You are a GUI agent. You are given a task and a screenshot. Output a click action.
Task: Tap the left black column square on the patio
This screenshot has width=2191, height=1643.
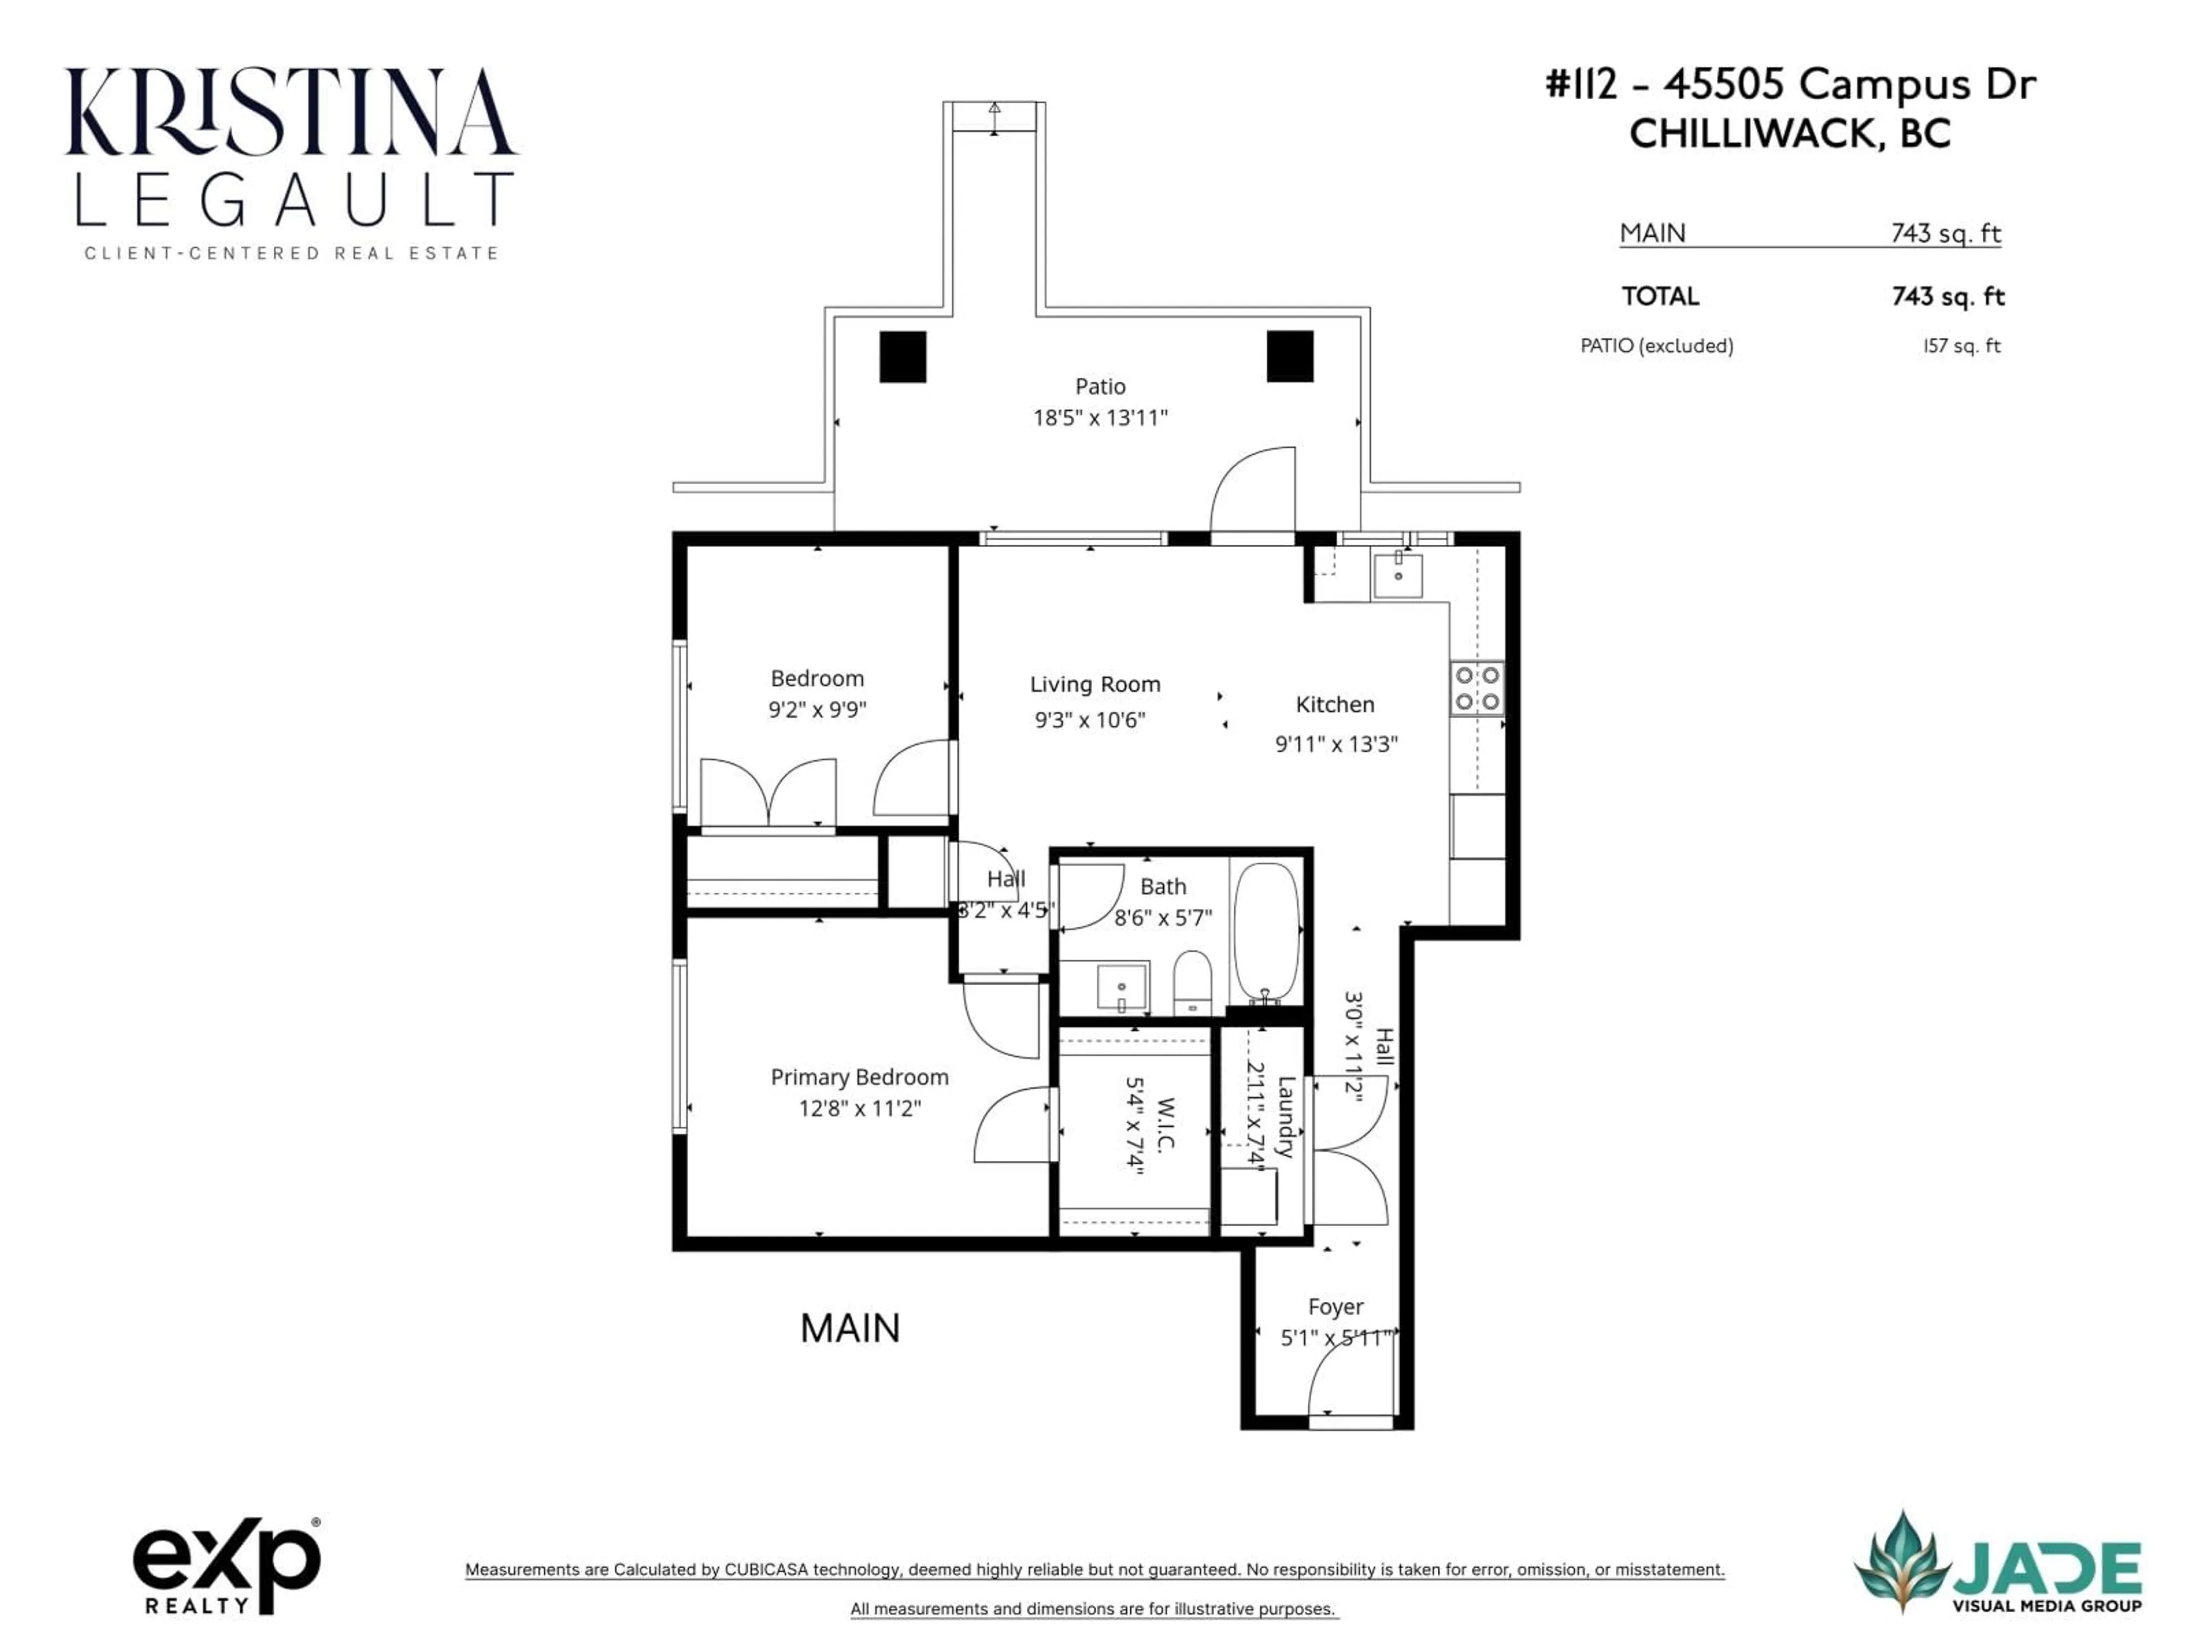pyautogui.click(x=902, y=357)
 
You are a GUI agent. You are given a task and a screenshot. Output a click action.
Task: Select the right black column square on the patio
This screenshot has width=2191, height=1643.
pyautogui.click(x=1289, y=357)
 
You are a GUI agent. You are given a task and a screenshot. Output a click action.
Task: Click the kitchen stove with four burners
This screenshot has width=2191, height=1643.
pyautogui.click(x=1477, y=689)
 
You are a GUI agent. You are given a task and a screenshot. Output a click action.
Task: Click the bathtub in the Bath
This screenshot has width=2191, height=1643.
pyautogui.click(x=1266, y=931)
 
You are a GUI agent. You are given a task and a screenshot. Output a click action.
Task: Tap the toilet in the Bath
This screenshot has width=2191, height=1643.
pyautogui.click(x=1191, y=981)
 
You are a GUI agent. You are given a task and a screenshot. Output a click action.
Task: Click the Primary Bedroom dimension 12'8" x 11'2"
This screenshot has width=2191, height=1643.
pyautogui.click(x=860, y=1108)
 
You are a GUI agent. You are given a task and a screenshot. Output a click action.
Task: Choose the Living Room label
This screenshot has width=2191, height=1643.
pyautogui.click(x=1094, y=685)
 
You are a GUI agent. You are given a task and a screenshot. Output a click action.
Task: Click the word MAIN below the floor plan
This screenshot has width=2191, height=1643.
pyautogui.click(x=850, y=1328)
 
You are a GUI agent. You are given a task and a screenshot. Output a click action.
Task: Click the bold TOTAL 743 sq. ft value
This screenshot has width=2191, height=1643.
pyautogui.click(x=1947, y=296)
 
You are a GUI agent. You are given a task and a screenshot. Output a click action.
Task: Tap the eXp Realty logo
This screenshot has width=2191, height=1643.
pyautogui.click(x=227, y=1565)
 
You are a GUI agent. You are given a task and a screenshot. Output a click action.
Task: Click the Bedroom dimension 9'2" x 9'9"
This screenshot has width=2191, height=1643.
pyautogui.click(x=817, y=710)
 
